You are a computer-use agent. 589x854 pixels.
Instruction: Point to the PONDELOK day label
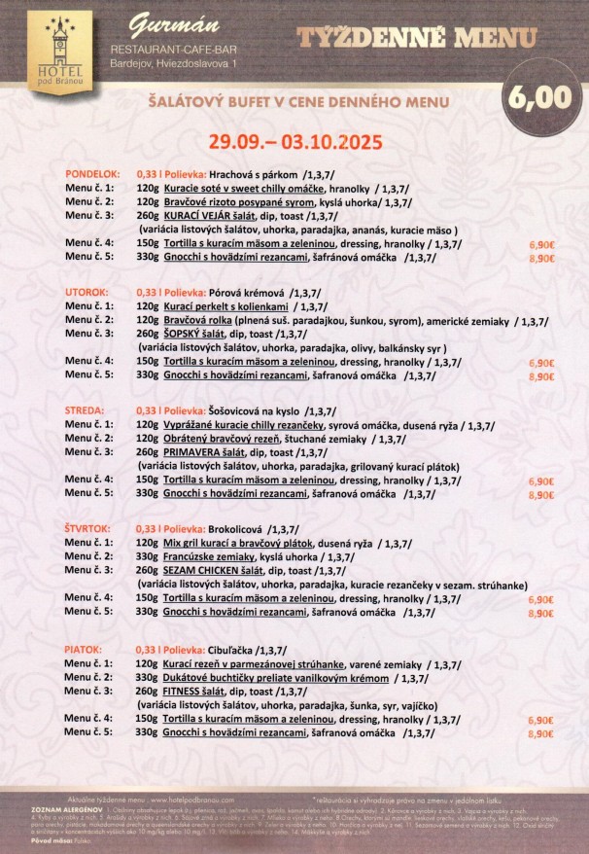92,174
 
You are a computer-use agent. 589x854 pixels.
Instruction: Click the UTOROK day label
87,292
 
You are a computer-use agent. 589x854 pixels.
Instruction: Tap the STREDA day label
85,410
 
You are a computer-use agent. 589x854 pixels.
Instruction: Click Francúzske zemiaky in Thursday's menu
207,556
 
